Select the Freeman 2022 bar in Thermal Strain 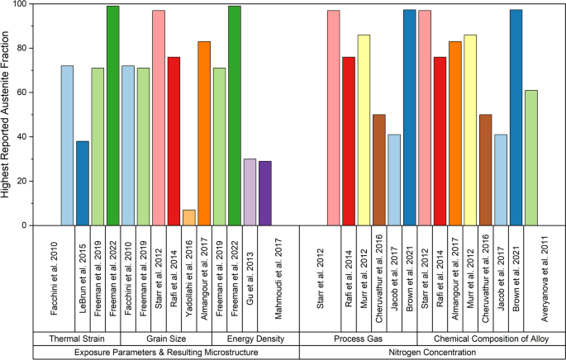coord(113,116)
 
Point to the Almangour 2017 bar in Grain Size coord(204,133)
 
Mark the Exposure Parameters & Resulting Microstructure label coord(166,353)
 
